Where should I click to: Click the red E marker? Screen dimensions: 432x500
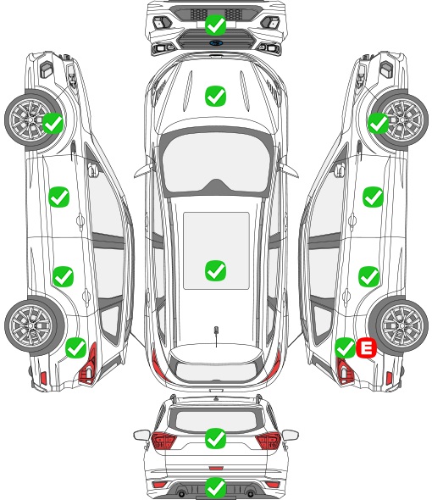click(366, 348)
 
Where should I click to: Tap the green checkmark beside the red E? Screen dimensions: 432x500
click(346, 348)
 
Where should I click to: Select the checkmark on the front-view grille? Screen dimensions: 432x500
click(215, 25)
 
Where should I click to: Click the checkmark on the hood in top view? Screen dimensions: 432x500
click(215, 96)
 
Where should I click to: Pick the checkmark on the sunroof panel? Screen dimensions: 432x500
click(215, 270)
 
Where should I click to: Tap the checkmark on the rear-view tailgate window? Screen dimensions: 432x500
click(215, 438)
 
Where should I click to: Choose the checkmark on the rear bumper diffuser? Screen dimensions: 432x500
click(215, 487)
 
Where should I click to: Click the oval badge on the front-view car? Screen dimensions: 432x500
click(216, 42)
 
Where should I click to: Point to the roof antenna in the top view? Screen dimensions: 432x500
click(216, 334)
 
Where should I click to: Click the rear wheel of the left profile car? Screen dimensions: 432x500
click(32, 326)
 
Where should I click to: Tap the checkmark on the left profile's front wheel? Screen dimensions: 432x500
click(53, 124)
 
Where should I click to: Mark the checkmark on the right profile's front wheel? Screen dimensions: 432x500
click(379, 124)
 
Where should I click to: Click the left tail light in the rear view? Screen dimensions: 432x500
click(163, 440)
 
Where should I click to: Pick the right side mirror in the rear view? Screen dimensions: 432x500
click(291, 434)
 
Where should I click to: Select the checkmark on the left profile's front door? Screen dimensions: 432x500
click(58, 197)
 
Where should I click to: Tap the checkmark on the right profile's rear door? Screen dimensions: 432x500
click(368, 276)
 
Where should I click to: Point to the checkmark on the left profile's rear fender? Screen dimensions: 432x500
click(75, 348)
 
